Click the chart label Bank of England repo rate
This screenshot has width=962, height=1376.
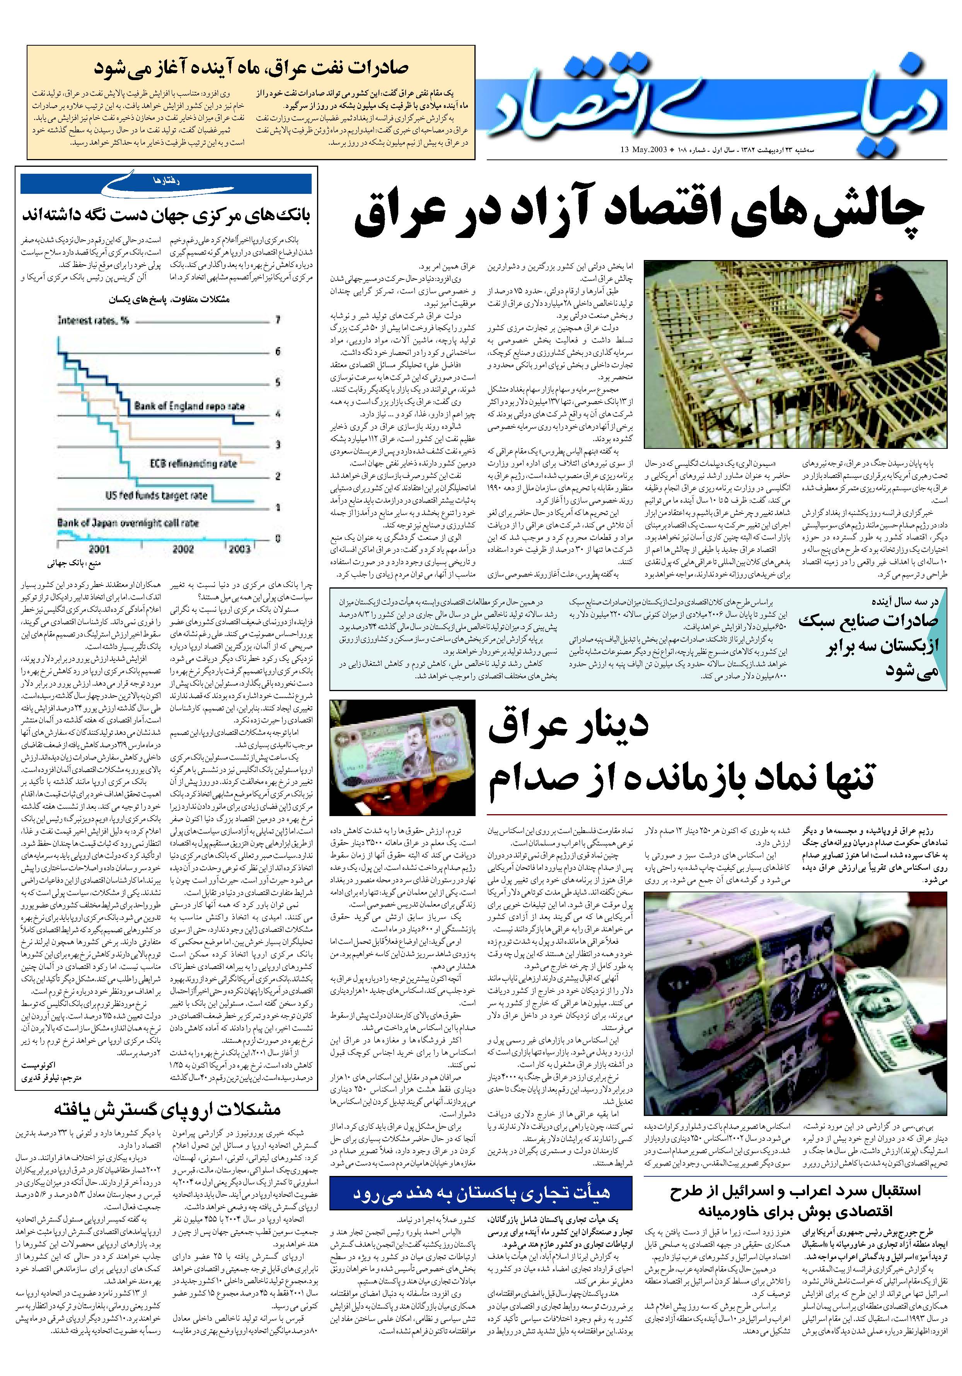[x=189, y=406]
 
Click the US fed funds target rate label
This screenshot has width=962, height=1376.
[x=156, y=496]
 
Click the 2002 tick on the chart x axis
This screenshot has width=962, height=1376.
[x=183, y=548]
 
